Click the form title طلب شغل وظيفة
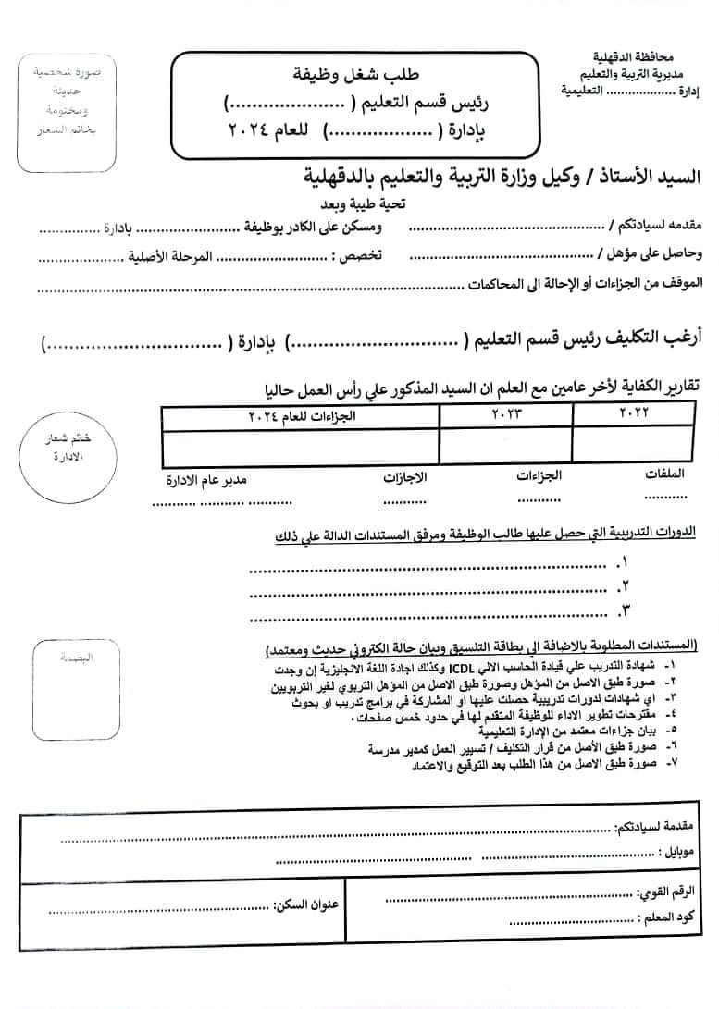pos(350,72)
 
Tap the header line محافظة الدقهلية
pos(628,56)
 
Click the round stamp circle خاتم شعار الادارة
pos(64,450)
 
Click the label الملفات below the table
pos(665,474)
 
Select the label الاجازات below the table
pos(405,478)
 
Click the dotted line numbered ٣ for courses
pos(435,612)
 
